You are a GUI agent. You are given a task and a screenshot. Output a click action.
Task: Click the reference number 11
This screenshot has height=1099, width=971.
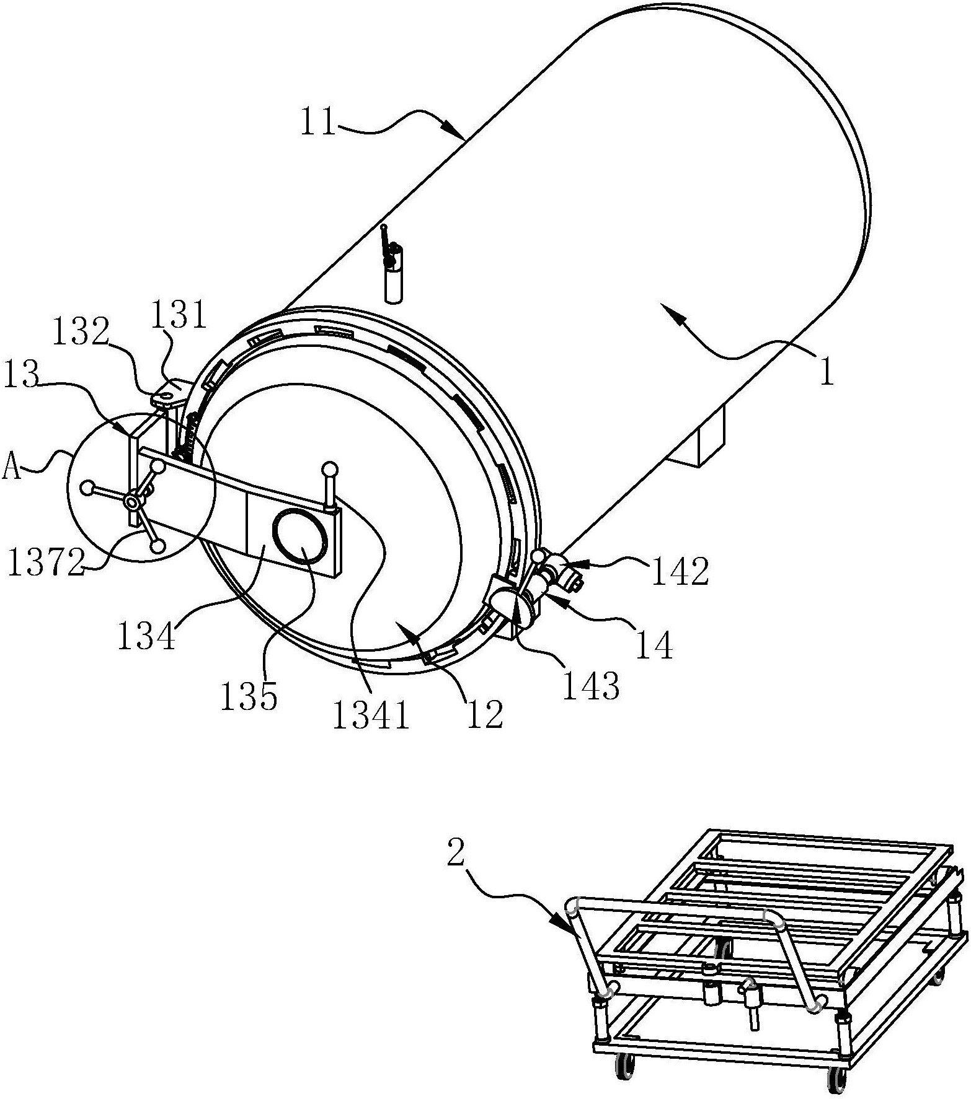pos(319,121)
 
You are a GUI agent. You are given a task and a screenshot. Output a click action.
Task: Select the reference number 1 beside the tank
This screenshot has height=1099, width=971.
pos(827,373)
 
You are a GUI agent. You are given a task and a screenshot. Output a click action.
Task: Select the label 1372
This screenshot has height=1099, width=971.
pos(46,563)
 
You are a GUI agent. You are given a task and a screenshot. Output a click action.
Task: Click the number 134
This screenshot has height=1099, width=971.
pos(146,636)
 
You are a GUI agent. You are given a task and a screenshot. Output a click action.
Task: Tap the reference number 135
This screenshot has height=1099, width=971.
pos(249,697)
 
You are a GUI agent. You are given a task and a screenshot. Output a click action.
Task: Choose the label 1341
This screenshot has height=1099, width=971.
pos(371,716)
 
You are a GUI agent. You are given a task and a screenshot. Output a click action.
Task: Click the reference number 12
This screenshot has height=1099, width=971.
pos(486,715)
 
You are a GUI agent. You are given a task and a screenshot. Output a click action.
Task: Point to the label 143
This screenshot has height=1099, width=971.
pos(591,686)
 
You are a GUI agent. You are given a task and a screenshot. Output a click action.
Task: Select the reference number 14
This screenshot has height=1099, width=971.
pos(655,646)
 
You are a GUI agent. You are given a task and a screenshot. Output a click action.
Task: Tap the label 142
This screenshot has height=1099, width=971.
pos(680,573)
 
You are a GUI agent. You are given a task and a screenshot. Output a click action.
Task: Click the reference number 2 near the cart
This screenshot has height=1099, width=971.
pos(455,854)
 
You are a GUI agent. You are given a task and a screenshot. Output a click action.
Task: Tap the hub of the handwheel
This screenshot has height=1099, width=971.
pos(132,500)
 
